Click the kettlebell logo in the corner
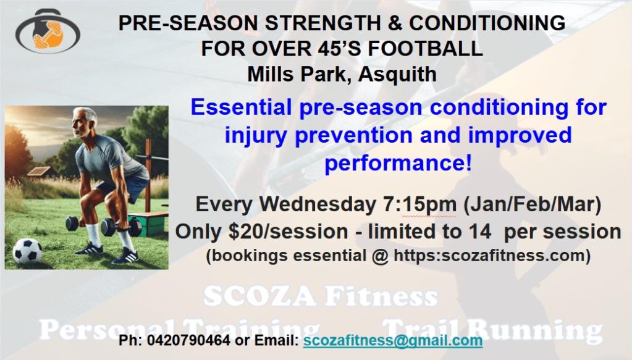point(48,31)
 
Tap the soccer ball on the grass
point(27,251)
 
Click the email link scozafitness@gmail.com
point(393,340)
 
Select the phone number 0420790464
point(188,340)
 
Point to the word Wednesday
point(318,204)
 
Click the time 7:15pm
point(419,205)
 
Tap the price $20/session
point(288,232)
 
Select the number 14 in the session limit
point(479,232)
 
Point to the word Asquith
point(397,75)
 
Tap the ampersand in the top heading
point(395,23)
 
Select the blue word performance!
point(398,163)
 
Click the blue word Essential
point(241,107)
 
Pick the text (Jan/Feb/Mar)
point(532,204)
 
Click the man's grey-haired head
point(84,122)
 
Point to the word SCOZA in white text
point(259,296)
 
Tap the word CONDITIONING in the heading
point(487,23)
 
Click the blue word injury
point(256,136)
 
